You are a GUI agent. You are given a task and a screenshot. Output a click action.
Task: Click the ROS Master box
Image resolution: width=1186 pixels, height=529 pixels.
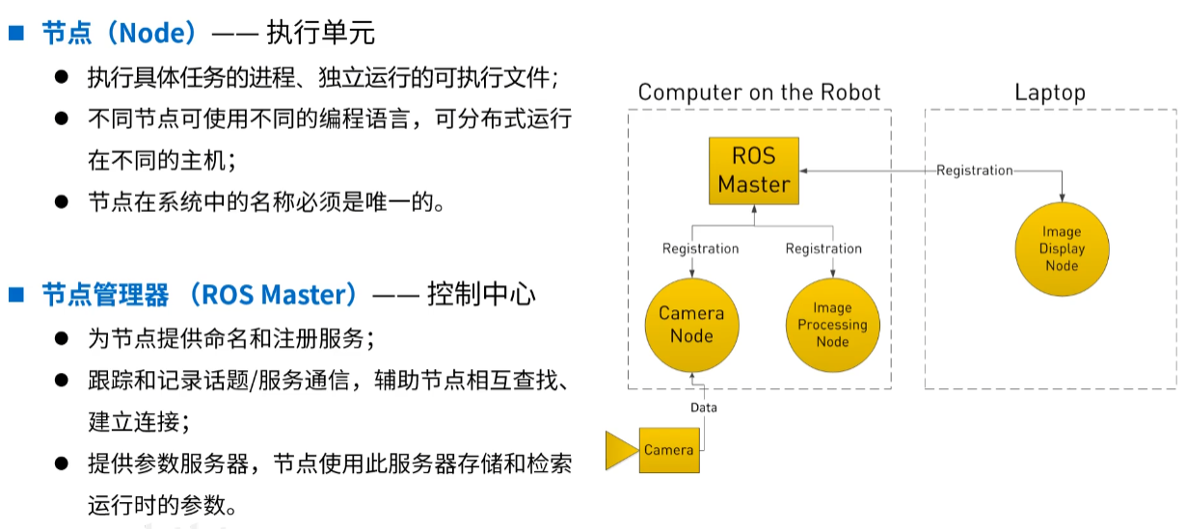pyautogui.click(x=754, y=171)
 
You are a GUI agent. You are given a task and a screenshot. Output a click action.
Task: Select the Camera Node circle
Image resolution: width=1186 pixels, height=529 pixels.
pyautogui.click(x=691, y=326)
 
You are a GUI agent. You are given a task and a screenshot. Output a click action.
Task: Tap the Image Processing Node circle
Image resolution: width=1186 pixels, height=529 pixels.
pyautogui.click(x=832, y=326)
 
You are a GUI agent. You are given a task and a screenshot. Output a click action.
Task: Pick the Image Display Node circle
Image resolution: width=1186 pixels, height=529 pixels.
pyautogui.click(x=1062, y=249)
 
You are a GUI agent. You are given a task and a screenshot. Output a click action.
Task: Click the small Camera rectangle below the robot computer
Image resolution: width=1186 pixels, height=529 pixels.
pyautogui.click(x=668, y=450)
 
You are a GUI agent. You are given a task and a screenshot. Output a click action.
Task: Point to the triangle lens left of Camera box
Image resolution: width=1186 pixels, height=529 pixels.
pyautogui.click(x=620, y=451)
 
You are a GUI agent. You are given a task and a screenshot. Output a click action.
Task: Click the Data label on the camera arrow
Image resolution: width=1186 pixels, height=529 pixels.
pyautogui.click(x=704, y=408)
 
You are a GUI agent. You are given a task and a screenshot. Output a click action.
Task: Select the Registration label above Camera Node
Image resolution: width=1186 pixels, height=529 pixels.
pyautogui.click(x=701, y=249)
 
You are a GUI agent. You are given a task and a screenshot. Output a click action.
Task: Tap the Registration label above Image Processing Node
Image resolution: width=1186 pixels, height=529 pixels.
pyautogui.click(x=823, y=249)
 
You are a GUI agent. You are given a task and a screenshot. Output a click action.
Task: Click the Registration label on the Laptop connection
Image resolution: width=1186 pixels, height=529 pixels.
pyautogui.click(x=975, y=171)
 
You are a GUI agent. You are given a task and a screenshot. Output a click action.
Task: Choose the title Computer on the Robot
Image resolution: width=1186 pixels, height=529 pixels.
pyautogui.click(x=759, y=93)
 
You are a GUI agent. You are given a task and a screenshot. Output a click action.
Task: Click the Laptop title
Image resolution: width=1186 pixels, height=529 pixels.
pyautogui.click(x=1050, y=93)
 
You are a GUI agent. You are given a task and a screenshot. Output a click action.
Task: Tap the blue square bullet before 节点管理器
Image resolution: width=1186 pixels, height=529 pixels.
pyautogui.click(x=16, y=295)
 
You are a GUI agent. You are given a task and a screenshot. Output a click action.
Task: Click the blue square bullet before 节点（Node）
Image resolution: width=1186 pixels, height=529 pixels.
pyautogui.click(x=16, y=33)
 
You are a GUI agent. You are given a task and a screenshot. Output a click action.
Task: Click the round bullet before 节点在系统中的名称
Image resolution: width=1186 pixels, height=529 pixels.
pyautogui.click(x=62, y=201)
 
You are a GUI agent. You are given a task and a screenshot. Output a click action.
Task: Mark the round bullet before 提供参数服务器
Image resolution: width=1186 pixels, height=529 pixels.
pyautogui.click(x=62, y=463)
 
